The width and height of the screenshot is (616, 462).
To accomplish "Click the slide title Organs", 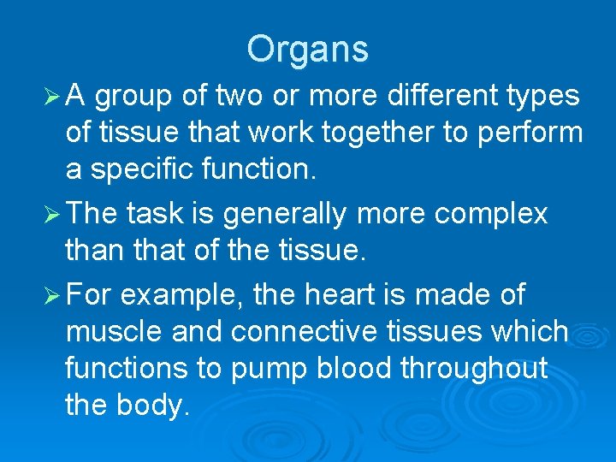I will [x=307, y=49].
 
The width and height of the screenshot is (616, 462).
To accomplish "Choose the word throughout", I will [x=483, y=368].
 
